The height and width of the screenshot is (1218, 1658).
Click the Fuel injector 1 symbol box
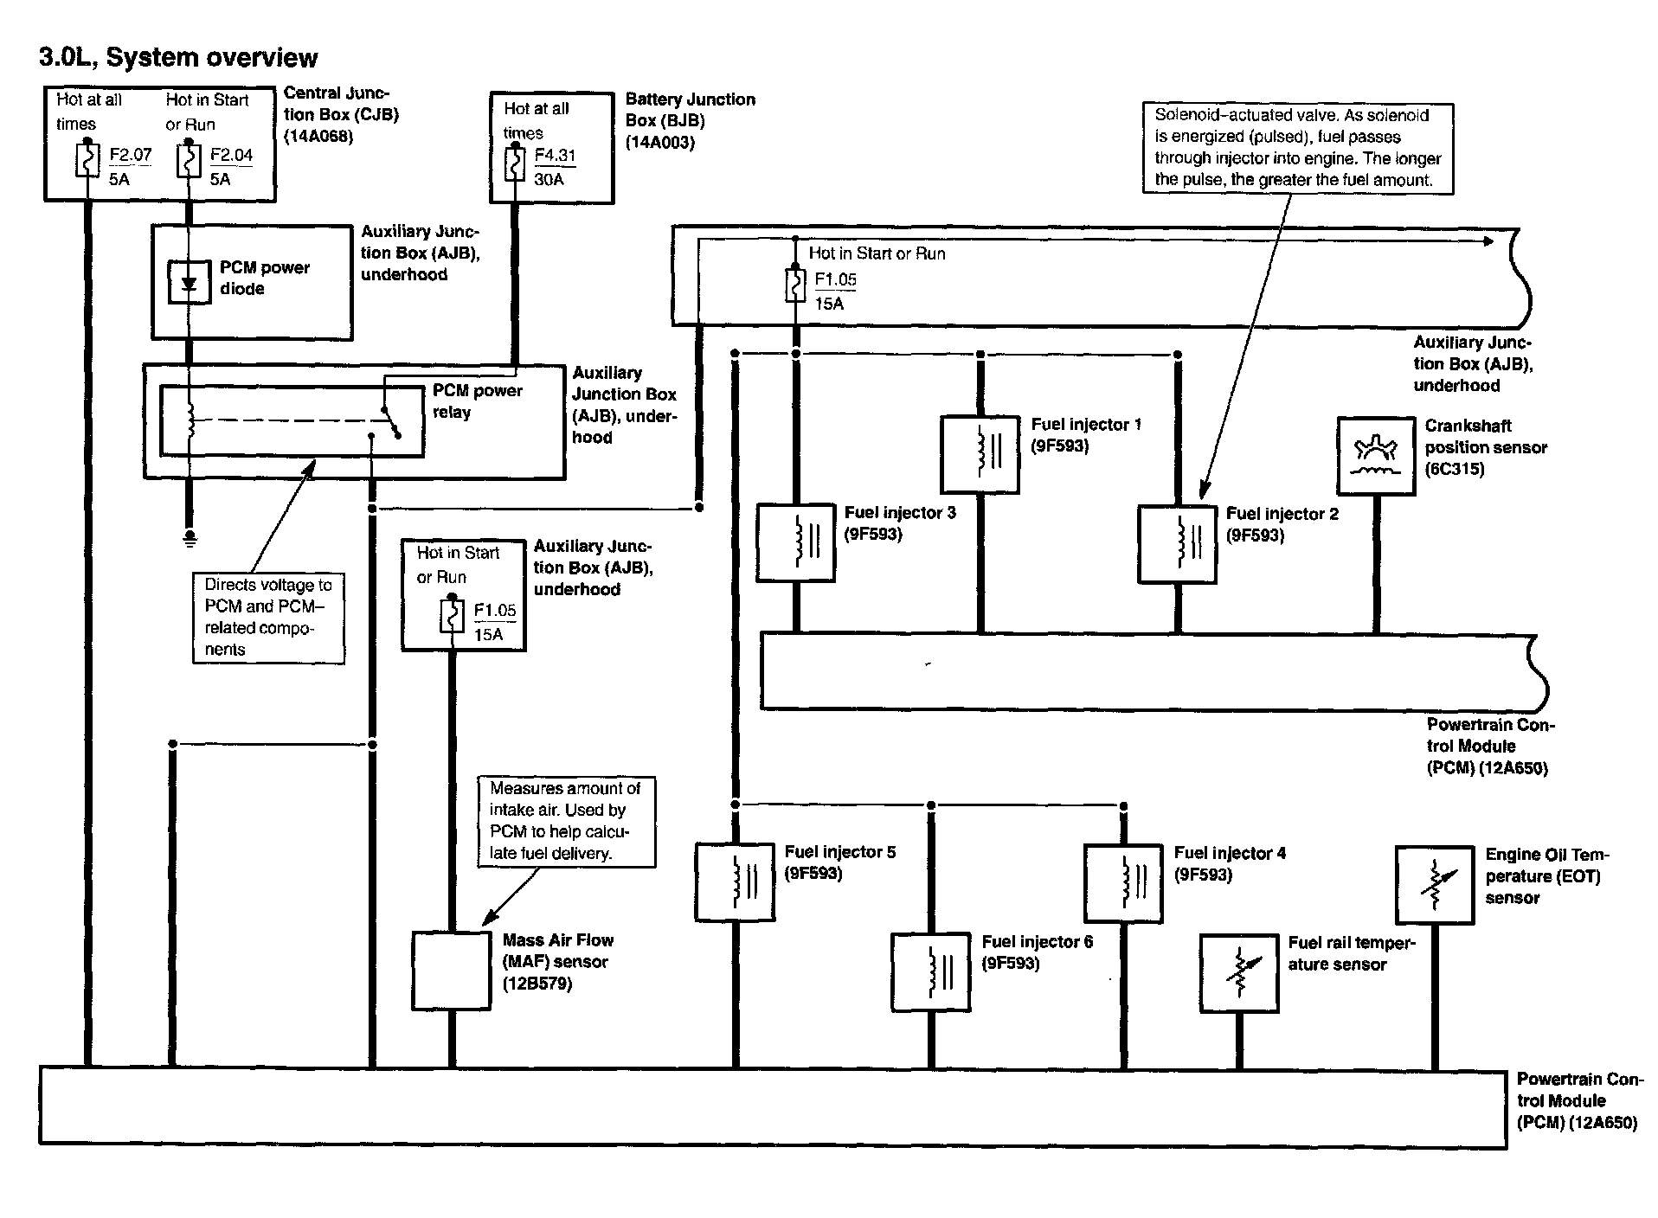click(x=980, y=455)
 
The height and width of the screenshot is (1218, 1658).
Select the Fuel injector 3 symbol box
click(x=795, y=542)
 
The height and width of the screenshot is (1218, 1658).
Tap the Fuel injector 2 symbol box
click(x=1177, y=543)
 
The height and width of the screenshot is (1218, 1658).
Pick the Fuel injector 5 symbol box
click(x=735, y=882)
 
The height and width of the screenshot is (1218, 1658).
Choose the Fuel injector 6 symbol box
click(x=930, y=971)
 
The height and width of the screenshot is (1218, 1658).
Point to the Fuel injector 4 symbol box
click(x=1123, y=883)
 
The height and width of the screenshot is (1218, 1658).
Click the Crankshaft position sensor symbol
click(x=1376, y=456)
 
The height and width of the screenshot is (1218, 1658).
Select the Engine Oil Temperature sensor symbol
click(x=1434, y=884)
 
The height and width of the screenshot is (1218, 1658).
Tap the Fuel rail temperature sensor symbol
click(x=1239, y=973)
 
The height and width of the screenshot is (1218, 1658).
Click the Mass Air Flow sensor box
click(x=451, y=971)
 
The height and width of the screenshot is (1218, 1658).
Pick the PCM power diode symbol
click(x=189, y=282)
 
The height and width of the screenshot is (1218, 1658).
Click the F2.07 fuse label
click(x=131, y=156)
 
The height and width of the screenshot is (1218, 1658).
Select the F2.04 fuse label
click(x=231, y=156)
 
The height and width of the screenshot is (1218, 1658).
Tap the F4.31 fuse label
click(x=555, y=156)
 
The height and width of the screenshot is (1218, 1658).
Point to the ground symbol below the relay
click(x=190, y=539)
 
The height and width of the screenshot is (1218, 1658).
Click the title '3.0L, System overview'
click(x=178, y=58)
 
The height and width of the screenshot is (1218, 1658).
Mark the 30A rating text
click(x=549, y=179)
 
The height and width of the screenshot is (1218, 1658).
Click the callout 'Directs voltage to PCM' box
click(x=268, y=618)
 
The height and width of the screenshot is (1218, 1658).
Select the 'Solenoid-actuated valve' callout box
click(x=1298, y=148)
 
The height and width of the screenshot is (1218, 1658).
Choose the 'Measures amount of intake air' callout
click(x=566, y=821)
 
